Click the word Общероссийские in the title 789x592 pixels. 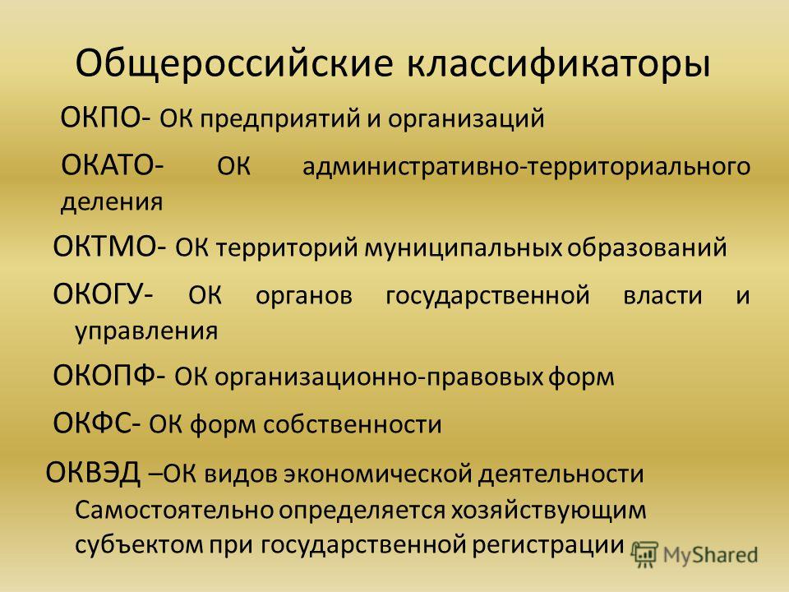pyautogui.click(x=234, y=63)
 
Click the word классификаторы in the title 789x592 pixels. pyautogui.click(x=559, y=63)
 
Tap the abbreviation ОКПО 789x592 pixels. pyautogui.click(x=101, y=118)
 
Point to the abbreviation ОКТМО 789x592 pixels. pyautogui.click(x=105, y=247)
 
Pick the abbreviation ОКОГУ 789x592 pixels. pyautogui.click(x=98, y=294)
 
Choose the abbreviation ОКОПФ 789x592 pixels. pyautogui.click(x=104, y=376)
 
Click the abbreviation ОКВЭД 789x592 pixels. pyautogui.click(x=93, y=474)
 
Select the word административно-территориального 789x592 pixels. pyautogui.click(x=526, y=167)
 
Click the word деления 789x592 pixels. pyautogui.click(x=112, y=202)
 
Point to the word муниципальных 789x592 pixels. pyautogui.click(x=463, y=248)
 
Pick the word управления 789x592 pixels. pyautogui.click(x=146, y=331)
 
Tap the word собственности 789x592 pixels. pyautogui.click(x=353, y=425)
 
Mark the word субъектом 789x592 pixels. pyautogui.click(x=139, y=544)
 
